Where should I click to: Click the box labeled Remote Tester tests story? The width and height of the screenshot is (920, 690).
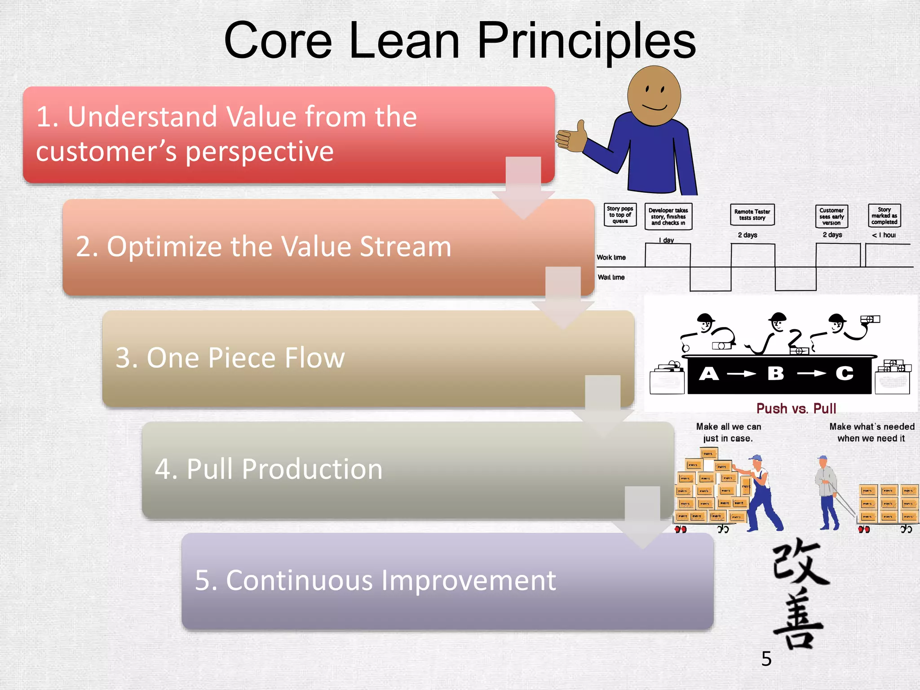752,215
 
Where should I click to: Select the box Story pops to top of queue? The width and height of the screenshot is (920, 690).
620,215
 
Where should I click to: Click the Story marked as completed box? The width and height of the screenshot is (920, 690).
884,216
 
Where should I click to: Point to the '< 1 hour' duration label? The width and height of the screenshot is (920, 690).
884,235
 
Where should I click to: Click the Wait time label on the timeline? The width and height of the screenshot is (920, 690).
611,277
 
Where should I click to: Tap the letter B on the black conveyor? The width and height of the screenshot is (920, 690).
775,373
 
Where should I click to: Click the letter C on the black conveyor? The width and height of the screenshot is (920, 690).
844,373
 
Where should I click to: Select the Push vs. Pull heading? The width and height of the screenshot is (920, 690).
796,408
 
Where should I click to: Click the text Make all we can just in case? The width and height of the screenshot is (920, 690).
728,432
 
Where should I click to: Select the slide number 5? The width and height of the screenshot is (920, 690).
766,659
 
